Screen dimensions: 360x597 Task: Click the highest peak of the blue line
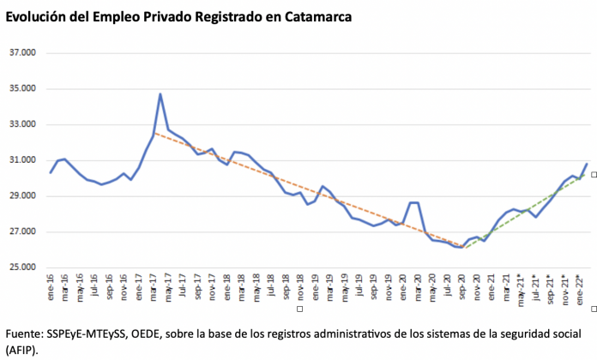160,94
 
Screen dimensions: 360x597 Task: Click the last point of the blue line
587,164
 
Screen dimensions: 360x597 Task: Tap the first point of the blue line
51,173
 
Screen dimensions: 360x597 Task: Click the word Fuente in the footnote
25,333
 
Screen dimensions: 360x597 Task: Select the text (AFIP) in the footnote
22,350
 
